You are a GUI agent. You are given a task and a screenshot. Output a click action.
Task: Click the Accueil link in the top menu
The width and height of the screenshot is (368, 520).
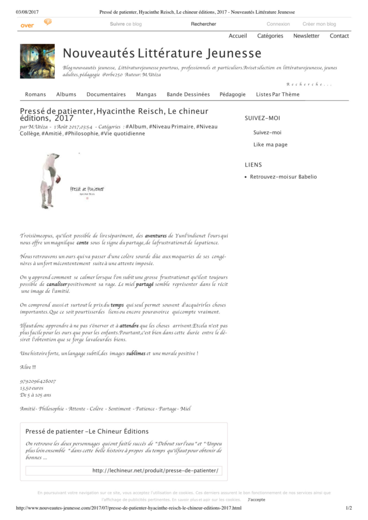tap(238, 36)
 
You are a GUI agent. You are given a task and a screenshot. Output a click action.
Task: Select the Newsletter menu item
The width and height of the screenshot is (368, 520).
tap(306, 36)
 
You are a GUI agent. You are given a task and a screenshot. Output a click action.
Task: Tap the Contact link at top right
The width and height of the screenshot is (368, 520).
tap(339, 36)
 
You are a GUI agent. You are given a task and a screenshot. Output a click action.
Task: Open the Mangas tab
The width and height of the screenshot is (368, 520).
tap(146, 94)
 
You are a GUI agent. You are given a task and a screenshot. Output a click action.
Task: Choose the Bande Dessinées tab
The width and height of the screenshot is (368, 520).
tap(188, 94)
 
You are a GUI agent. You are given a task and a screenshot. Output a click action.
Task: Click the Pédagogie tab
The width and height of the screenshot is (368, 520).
tap(232, 94)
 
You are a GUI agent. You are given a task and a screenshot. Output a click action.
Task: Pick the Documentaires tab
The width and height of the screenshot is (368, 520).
tap(106, 94)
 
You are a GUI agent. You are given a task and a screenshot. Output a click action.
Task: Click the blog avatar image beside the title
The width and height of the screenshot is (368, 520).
tap(37, 61)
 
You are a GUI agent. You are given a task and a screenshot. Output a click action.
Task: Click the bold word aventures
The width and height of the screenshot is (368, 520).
tap(155, 236)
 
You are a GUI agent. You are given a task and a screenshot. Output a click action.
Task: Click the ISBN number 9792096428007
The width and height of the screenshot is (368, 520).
tap(38, 381)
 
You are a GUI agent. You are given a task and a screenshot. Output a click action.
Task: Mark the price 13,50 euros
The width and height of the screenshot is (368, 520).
tap(32, 387)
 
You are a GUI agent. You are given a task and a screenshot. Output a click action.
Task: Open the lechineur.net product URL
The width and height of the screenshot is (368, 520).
tap(155, 471)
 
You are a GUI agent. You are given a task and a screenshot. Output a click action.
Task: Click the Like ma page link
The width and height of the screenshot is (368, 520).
tap(270, 145)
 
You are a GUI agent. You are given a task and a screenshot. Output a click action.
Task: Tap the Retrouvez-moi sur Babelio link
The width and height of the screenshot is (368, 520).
tap(283, 177)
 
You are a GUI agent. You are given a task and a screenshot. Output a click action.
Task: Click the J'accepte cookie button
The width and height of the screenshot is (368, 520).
tap(256, 500)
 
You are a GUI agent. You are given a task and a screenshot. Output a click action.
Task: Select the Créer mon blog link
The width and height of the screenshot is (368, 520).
tap(319, 24)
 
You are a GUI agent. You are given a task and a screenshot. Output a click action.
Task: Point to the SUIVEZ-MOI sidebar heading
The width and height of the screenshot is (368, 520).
tap(262, 118)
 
